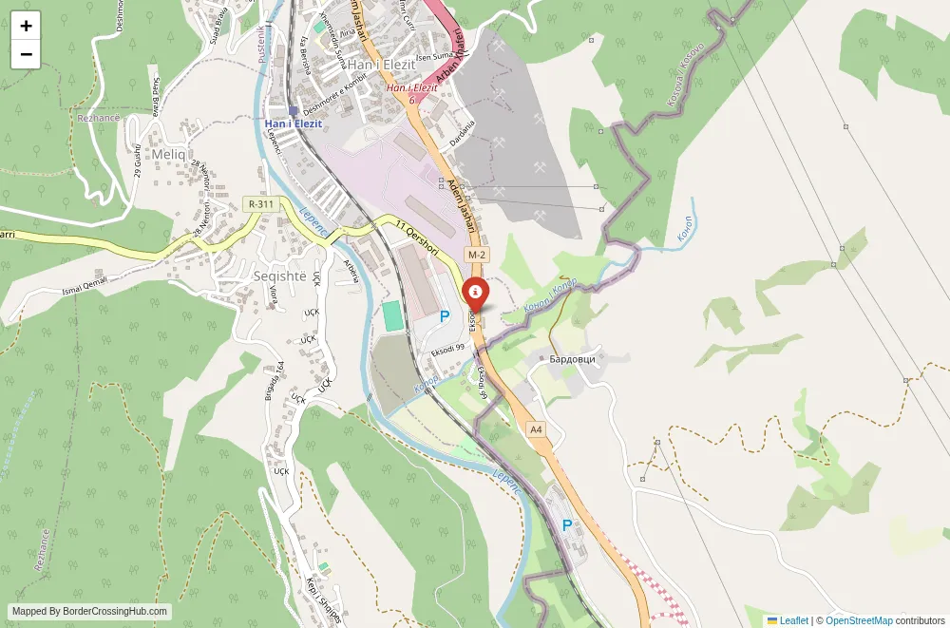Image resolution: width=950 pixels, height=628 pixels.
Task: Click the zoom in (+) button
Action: pyautogui.click(x=26, y=27)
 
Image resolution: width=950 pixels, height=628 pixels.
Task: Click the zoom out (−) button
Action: pyautogui.click(x=26, y=54)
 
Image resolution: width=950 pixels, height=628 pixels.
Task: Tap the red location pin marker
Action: pyautogui.click(x=474, y=294)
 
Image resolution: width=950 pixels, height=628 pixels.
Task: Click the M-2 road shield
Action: pyautogui.click(x=476, y=256)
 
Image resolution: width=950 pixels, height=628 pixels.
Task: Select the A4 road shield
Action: pyautogui.click(x=537, y=429)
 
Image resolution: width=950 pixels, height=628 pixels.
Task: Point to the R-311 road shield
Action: pyautogui.click(x=260, y=204)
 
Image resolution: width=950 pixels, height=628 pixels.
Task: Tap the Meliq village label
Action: pyautogui.click(x=167, y=154)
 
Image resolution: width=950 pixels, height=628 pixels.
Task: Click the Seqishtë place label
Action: pyautogui.click(x=280, y=276)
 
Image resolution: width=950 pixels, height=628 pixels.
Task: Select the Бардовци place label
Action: pyautogui.click(x=572, y=359)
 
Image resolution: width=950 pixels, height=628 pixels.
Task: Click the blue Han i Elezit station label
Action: pyautogui.click(x=294, y=124)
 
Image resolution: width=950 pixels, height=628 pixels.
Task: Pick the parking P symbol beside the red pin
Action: pyautogui.click(x=444, y=316)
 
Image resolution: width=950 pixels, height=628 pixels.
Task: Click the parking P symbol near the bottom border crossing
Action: pyautogui.click(x=567, y=525)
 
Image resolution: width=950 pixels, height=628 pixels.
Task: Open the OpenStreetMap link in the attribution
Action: pyautogui.click(x=859, y=620)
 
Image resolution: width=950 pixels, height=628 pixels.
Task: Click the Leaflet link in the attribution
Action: pyautogui.click(x=793, y=620)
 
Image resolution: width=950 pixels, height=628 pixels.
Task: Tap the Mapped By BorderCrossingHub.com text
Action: pyautogui.click(x=90, y=612)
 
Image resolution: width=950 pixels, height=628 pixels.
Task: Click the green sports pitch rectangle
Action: pyautogui.click(x=392, y=316)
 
